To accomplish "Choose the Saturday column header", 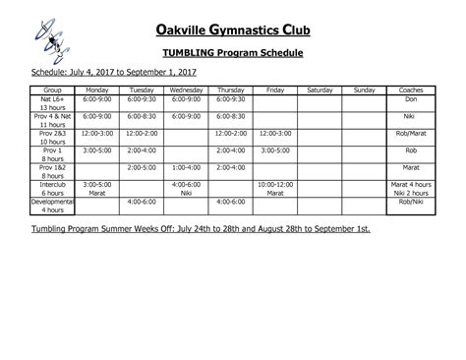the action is pos(320,89).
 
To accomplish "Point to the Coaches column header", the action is pos(412,89).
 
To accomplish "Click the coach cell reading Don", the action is pos(412,98).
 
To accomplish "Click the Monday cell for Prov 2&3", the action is pos(97,133).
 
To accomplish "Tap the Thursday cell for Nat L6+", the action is pos(231,98).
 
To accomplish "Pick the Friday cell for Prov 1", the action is pos(275,150).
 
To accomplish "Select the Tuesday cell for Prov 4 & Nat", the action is pos(142,116).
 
